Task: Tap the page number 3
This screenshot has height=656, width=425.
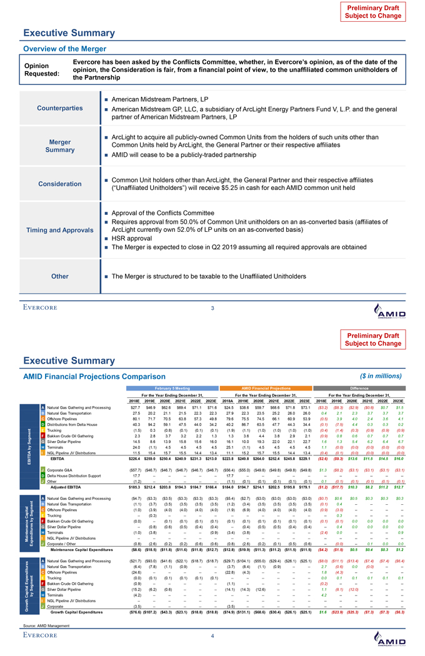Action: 212,307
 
